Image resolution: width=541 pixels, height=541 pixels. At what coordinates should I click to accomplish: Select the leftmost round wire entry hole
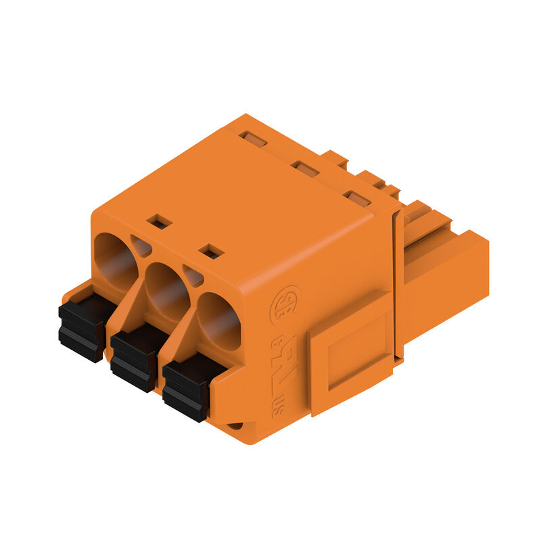[x=114, y=260]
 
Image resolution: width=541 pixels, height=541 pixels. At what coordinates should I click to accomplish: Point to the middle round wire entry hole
[x=166, y=290]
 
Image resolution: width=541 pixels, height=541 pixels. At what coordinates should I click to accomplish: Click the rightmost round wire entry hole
[x=218, y=321]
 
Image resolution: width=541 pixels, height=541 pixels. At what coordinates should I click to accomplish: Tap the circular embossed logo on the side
[x=284, y=305]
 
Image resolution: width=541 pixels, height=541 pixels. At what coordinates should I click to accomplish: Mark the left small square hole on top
[x=160, y=221]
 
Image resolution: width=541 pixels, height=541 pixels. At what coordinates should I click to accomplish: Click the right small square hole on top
[x=212, y=251]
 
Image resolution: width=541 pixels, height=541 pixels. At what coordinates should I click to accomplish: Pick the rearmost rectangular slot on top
[x=254, y=139]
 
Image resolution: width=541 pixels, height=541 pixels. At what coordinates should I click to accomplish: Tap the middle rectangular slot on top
[x=305, y=169]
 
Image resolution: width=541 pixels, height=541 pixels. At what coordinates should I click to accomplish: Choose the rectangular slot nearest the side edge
[x=356, y=198]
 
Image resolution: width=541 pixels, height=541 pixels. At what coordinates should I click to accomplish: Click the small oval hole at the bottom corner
[x=235, y=425]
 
